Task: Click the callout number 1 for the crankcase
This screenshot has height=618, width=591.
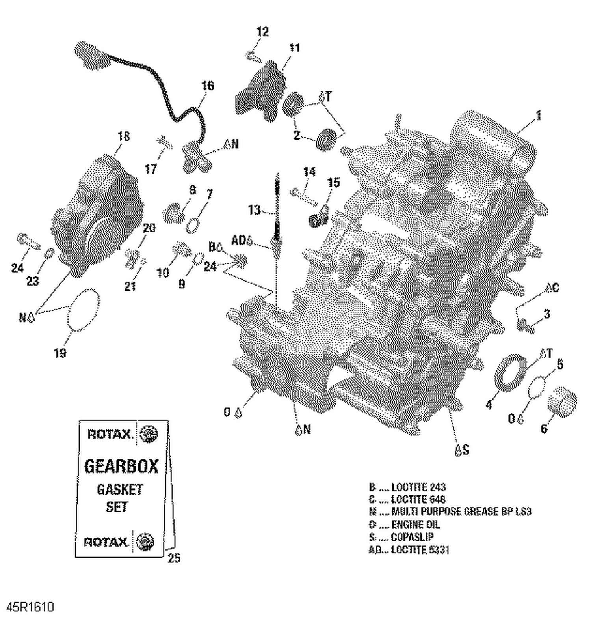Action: coord(538,115)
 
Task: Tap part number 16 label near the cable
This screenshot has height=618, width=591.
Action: coord(208,86)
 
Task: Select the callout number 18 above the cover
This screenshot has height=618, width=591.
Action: coord(123,136)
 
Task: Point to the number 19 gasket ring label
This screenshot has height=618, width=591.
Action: coord(60,353)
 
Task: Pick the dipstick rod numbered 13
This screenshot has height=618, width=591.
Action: coord(277,213)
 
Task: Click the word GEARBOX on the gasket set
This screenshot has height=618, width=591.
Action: coord(121,466)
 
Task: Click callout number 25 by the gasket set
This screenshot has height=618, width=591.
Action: coord(174,558)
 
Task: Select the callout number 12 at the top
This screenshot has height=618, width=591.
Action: coord(262,32)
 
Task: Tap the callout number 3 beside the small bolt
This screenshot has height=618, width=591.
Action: coord(546,314)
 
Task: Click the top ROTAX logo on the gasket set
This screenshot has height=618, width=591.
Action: coord(109,434)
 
